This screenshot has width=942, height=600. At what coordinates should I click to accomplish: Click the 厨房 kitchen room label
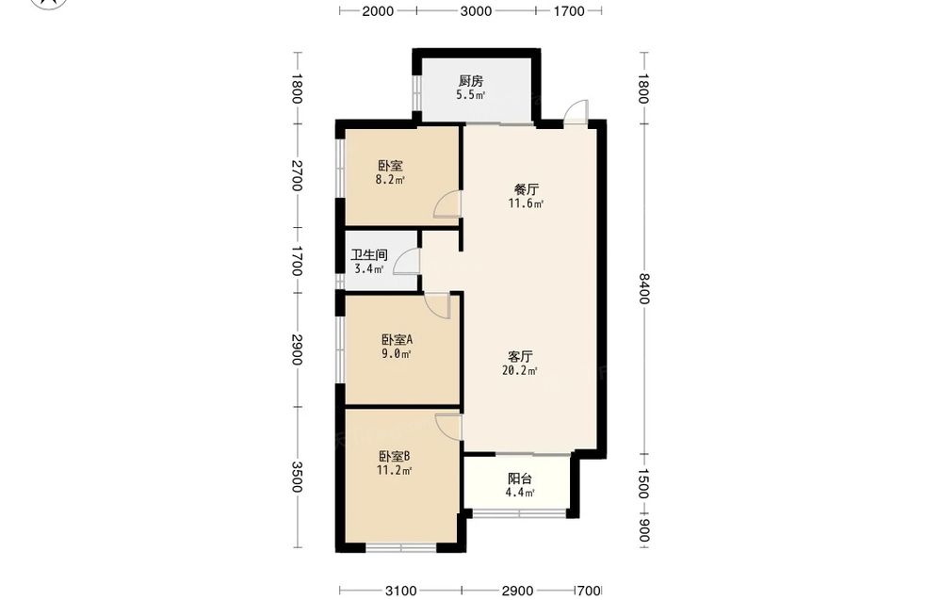pyautogui.click(x=470, y=81)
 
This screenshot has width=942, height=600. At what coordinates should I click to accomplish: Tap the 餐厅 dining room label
pyautogui.click(x=527, y=189)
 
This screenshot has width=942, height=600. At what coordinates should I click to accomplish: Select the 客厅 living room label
pyautogui.click(x=520, y=357)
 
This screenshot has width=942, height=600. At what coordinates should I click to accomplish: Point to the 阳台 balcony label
pyautogui.click(x=520, y=479)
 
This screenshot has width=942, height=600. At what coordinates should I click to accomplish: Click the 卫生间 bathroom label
pyautogui.click(x=369, y=255)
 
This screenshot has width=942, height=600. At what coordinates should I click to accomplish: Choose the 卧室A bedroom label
pyautogui.click(x=397, y=340)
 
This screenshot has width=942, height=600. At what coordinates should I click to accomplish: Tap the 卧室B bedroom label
pyautogui.click(x=394, y=457)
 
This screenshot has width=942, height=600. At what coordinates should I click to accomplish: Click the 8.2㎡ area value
pyautogui.click(x=390, y=179)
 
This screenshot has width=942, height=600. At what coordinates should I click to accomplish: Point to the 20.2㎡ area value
pyautogui.click(x=520, y=370)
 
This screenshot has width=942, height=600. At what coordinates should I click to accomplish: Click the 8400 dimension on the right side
pyautogui.click(x=642, y=289)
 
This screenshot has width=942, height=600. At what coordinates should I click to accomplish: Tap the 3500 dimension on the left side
pyautogui.click(x=296, y=477)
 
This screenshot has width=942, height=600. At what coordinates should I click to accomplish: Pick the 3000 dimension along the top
pyautogui.click(x=476, y=10)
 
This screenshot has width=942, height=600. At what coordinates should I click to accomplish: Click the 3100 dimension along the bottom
pyautogui.click(x=400, y=591)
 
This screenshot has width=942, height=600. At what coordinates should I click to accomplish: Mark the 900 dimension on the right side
pyautogui.click(x=642, y=531)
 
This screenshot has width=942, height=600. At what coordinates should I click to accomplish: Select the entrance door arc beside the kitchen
pyautogui.click(x=576, y=111)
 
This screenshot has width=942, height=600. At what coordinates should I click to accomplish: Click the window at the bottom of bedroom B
pyautogui.click(x=400, y=548)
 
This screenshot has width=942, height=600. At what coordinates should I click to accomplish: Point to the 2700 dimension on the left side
pyautogui.click(x=296, y=175)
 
